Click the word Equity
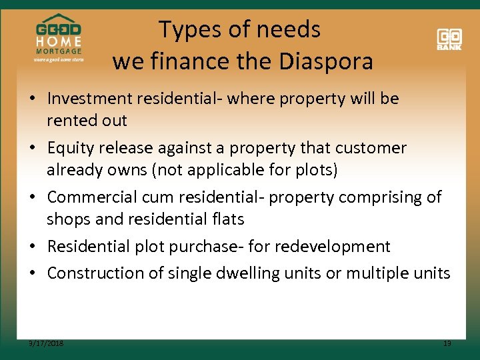click(69, 147)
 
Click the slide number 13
click(447, 343)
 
